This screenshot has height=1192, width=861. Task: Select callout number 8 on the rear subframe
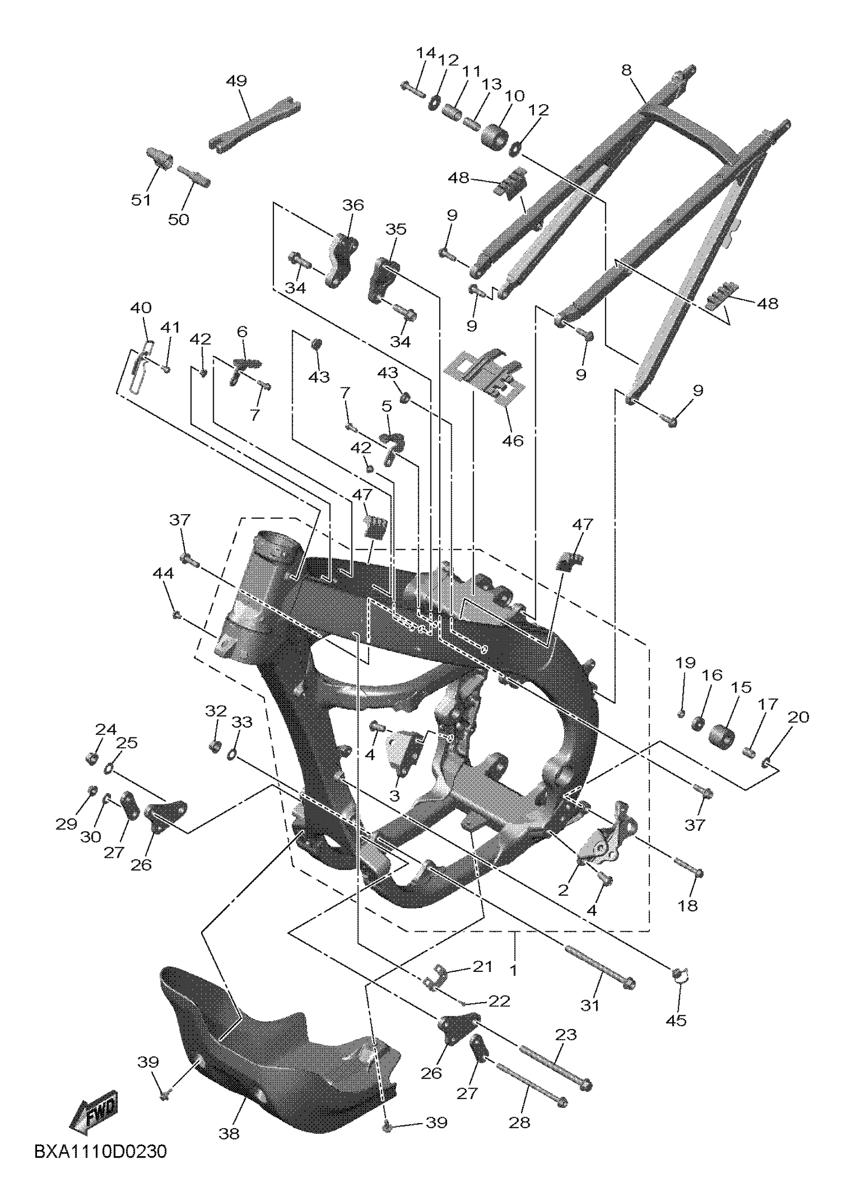point(626,70)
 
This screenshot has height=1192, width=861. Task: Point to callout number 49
point(237,81)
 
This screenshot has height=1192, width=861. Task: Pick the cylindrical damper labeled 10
point(495,137)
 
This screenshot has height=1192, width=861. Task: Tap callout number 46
point(513,440)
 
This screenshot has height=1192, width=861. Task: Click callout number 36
point(353,205)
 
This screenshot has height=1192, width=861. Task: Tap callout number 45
point(676,1020)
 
